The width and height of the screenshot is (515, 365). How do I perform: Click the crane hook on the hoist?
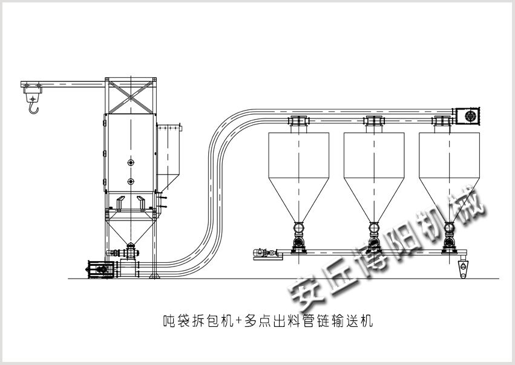tap(33, 108)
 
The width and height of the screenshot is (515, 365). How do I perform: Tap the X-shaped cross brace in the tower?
tap(131, 97)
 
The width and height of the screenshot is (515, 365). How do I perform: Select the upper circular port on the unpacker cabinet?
tap(131, 163)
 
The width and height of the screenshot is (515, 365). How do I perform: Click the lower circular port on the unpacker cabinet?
tap(131, 181)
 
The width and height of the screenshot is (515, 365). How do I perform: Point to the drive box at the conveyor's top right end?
tap(468, 116)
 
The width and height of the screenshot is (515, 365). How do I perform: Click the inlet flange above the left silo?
tap(298, 121)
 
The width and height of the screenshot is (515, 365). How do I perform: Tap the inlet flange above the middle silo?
tap(374, 121)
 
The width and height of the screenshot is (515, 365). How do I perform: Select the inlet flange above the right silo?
tap(443, 121)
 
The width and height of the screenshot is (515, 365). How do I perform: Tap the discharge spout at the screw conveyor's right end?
tap(463, 269)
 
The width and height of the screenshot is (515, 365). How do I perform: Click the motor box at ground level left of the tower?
tap(101, 270)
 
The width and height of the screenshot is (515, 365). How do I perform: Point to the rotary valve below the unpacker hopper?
tap(131, 253)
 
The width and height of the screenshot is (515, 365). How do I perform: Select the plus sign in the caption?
tap(239, 320)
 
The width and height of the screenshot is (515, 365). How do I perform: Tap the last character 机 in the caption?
tap(367, 320)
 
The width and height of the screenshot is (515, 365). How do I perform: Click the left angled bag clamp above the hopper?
tap(120, 203)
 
